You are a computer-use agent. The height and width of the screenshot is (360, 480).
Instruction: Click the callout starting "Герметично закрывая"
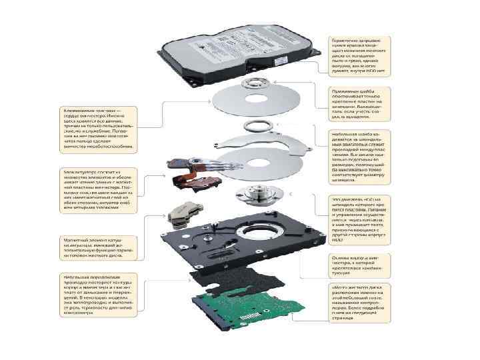(x=361, y=53)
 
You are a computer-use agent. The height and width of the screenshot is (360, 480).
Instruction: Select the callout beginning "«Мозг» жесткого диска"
(x=361, y=303)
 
